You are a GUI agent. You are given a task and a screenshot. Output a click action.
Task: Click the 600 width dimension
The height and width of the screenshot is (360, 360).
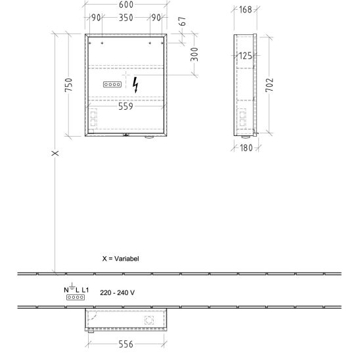coord(126,5)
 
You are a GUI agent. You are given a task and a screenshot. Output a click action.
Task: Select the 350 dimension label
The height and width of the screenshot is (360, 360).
coord(126,18)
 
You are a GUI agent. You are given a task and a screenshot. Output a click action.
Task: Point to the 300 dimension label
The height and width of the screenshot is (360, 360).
coord(194,55)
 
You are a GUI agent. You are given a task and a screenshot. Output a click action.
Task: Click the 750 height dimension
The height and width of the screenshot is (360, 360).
coord(68,85)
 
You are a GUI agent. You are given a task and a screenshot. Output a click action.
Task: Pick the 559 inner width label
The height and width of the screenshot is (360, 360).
coord(125,106)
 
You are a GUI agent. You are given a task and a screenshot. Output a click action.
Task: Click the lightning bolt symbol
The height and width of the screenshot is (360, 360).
coord(135,85)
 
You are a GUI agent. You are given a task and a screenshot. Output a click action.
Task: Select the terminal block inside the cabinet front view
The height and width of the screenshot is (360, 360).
coord(112,85)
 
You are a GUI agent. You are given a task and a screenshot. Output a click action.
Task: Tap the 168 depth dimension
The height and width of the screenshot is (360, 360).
coord(246,10)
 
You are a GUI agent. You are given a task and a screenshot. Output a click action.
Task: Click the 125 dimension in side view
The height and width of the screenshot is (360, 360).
coord(246,56)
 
